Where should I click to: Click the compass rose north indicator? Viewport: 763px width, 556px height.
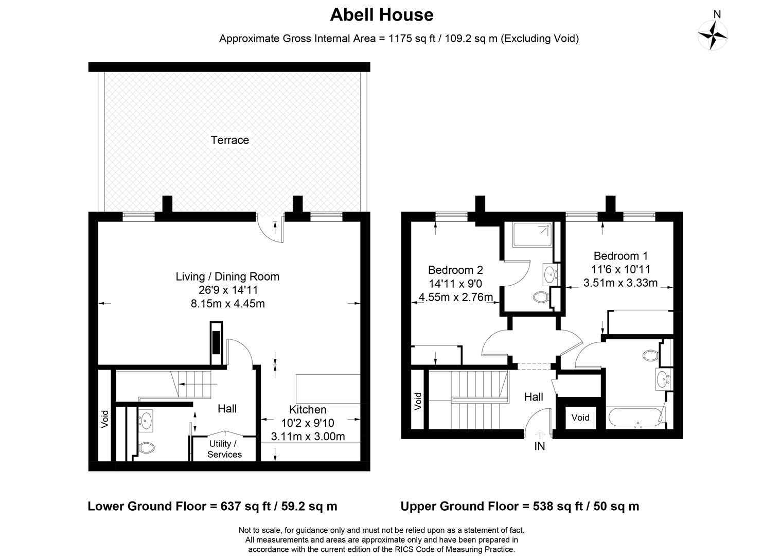[713, 34]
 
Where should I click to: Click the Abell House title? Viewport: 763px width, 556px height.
[381, 14]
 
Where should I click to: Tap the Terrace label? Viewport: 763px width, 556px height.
[229, 140]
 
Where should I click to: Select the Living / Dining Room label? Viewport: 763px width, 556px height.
[227, 276]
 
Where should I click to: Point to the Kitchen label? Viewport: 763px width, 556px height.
[308, 410]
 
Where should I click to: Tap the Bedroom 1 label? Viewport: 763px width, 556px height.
[620, 256]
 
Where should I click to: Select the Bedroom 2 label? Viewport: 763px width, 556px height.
[455, 270]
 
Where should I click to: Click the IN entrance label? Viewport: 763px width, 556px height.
[539, 447]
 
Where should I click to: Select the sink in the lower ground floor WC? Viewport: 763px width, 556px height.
[146, 420]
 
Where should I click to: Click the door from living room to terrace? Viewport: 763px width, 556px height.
[271, 230]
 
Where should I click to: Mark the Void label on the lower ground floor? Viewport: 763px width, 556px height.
[105, 419]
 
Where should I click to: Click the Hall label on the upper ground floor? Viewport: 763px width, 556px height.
[534, 397]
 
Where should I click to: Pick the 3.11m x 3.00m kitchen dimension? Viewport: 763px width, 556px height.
[308, 437]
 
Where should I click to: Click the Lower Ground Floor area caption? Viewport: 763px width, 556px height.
[212, 506]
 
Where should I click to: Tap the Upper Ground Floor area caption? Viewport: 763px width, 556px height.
[520, 506]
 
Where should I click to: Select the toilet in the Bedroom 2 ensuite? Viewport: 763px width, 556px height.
[541, 297]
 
